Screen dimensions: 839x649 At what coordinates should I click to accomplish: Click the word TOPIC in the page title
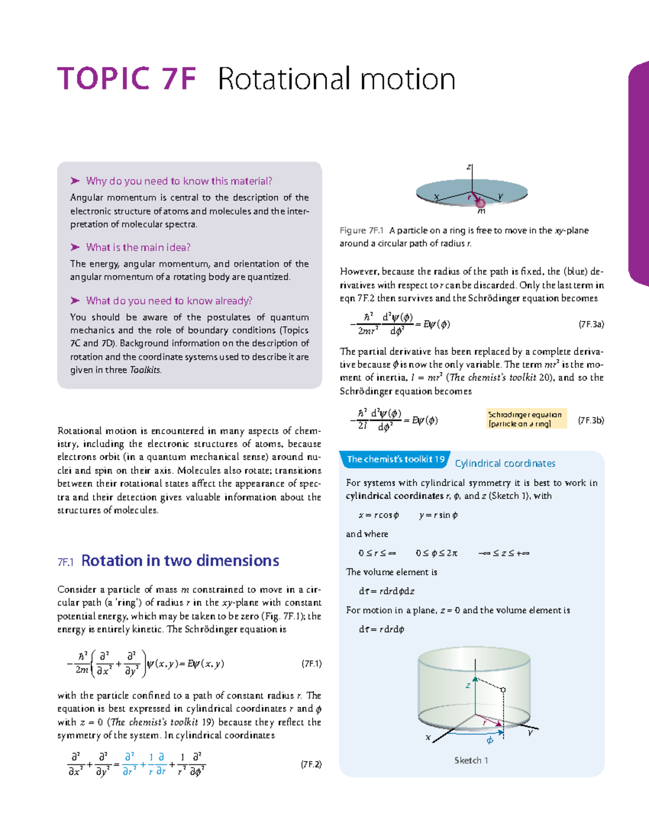pyautogui.click(x=103, y=79)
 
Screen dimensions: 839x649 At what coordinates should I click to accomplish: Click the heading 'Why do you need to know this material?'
pyautogui.click(x=178, y=181)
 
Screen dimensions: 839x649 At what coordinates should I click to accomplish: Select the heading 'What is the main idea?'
pyautogui.click(x=138, y=247)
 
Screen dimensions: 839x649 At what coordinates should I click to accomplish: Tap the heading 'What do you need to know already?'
pyautogui.click(x=169, y=301)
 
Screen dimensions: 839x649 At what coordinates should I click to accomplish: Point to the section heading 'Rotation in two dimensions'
pyautogui.click(x=180, y=561)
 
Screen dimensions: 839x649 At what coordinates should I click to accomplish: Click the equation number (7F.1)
pyautogui.click(x=312, y=664)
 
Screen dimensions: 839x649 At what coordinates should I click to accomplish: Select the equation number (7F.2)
pyautogui.click(x=312, y=764)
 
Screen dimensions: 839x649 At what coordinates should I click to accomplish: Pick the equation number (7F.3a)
pyautogui.click(x=591, y=325)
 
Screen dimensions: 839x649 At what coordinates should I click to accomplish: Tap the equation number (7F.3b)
pyautogui.click(x=591, y=420)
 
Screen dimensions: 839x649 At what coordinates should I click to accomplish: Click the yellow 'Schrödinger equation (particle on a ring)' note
pyautogui.click(x=526, y=419)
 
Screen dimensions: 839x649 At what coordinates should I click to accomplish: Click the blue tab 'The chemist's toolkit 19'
pyautogui.click(x=395, y=460)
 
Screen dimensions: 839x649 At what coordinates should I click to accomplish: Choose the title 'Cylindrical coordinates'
pyautogui.click(x=505, y=464)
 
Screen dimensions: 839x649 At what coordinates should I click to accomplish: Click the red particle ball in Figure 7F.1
pyautogui.click(x=480, y=203)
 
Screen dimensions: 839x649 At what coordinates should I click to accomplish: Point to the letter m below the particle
pyautogui.click(x=481, y=212)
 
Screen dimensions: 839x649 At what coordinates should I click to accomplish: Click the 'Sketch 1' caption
pyautogui.click(x=471, y=761)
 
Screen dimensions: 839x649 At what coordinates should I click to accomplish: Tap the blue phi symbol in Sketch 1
pyautogui.click(x=490, y=741)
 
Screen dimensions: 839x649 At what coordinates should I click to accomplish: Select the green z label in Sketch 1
pyautogui.click(x=468, y=686)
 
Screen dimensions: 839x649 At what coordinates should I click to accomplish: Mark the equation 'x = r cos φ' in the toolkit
pyautogui.click(x=379, y=515)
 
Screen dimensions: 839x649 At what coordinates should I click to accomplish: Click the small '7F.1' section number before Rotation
pyautogui.click(x=65, y=562)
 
